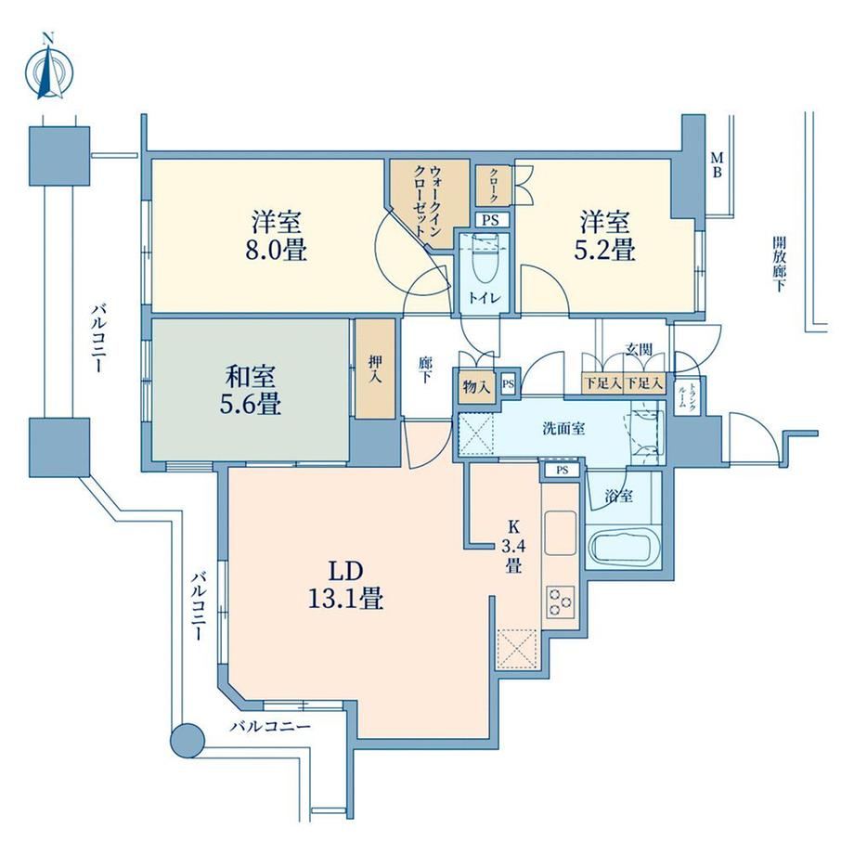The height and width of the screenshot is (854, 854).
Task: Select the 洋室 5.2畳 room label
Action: [604, 235]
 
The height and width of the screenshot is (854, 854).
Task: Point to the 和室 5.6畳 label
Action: [251, 390]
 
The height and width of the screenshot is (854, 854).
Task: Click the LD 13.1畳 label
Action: [346, 585]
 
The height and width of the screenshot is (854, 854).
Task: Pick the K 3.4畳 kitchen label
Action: [513, 546]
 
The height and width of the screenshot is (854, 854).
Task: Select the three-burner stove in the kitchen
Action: [561, 602]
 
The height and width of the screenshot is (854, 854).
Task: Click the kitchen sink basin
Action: [560, 533]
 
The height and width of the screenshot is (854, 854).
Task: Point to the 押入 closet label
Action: [375, 369]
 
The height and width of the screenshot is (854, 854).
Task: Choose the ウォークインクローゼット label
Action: [429, 201]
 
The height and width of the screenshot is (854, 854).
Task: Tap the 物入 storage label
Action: [476, 387]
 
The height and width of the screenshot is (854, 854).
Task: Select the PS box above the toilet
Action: [491, 221]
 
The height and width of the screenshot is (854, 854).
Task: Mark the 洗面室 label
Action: [563, 429]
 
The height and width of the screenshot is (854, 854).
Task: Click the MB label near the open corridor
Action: [718, 165]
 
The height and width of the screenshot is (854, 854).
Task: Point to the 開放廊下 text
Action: [779, 265]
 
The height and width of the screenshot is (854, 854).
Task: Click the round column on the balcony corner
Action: [188, 740]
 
